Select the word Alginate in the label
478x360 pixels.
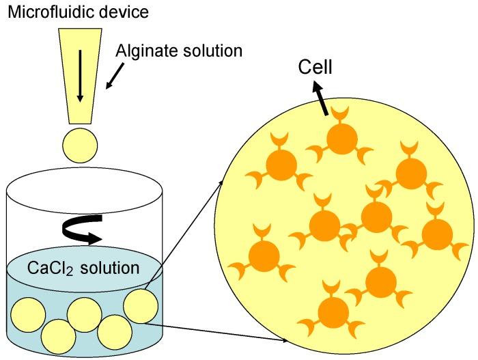tap(143, 51)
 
